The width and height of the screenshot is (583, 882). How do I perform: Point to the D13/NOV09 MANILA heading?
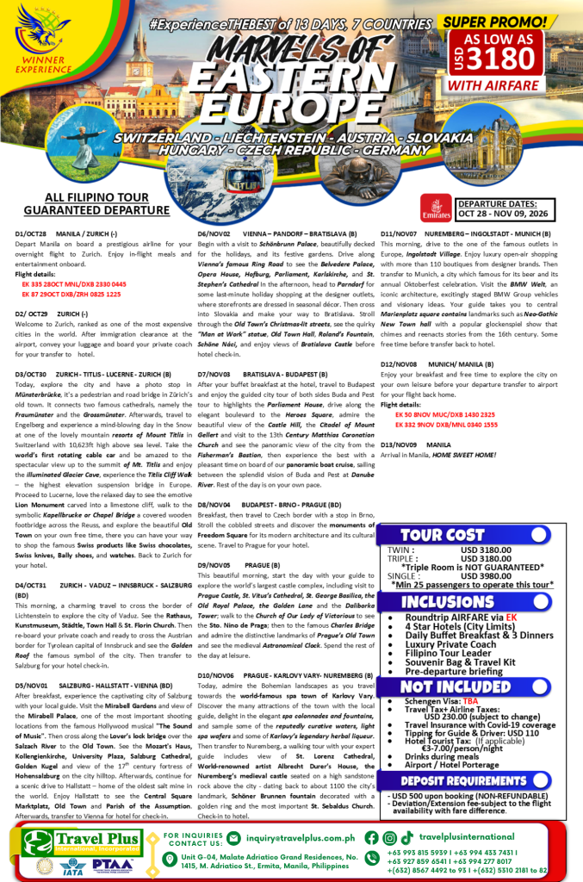(x=415, y=444)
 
